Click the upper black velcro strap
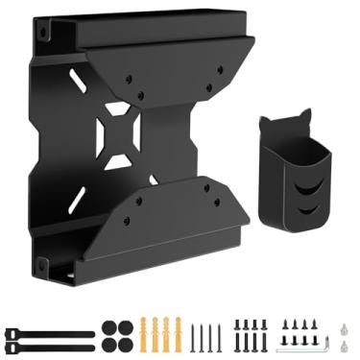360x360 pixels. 48,332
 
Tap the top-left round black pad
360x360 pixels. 108,326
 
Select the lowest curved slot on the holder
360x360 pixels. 307,205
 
